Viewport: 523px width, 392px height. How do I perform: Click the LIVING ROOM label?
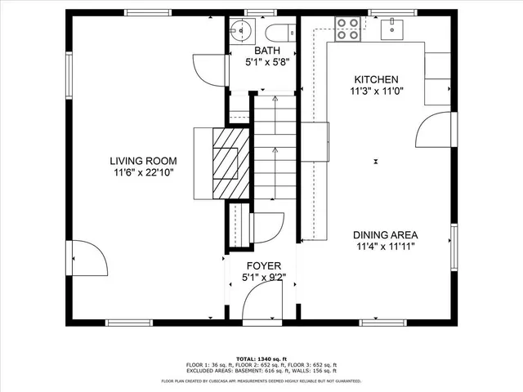click(145, 161)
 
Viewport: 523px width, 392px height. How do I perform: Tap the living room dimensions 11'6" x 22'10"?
click(145, 172)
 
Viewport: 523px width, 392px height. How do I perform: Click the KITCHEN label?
click(376, 79)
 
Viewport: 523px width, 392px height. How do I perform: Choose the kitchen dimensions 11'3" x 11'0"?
click(376, 91)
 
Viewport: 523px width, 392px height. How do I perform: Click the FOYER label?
click(263, 266)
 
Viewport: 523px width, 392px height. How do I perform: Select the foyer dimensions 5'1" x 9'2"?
click(263, 278)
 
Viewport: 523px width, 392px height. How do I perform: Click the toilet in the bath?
click(275, 33)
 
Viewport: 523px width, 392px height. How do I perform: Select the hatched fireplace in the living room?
click(226, 163)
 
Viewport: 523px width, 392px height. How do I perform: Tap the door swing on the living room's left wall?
click(88, 260)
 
